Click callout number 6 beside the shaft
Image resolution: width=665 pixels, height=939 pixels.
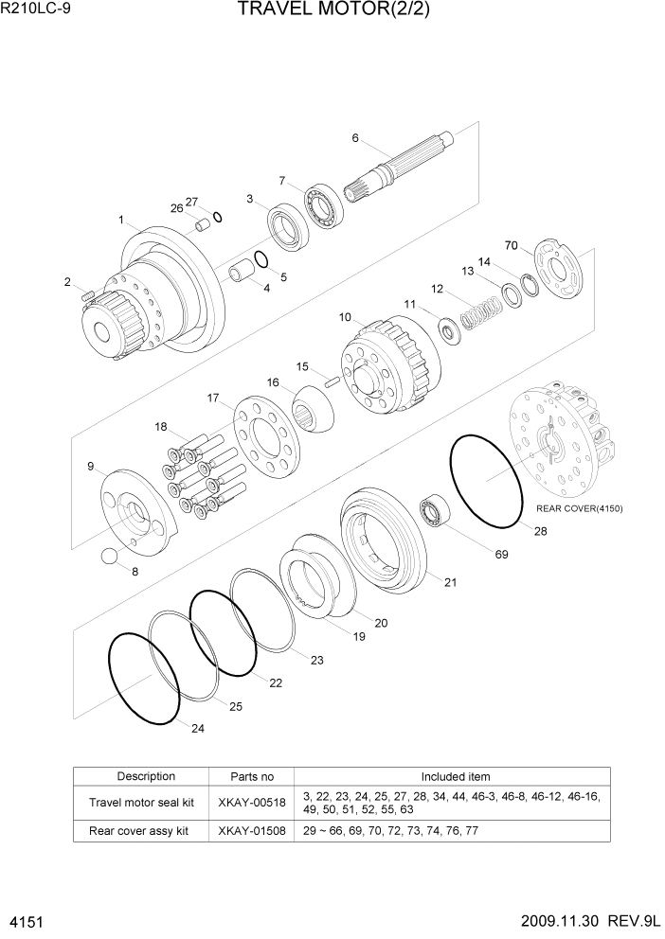coord(355,138)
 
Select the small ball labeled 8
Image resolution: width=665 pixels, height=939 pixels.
coord(112,556)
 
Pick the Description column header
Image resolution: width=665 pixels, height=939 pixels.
coord(146,776)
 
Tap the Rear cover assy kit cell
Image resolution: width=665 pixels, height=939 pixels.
coord(139,830)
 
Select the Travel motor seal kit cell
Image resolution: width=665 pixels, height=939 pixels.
coord(141,802)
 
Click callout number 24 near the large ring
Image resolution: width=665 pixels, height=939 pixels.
coord(197,728)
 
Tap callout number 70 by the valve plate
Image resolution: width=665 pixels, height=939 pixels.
coord(512,246)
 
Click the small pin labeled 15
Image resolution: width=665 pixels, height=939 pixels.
coord(332,382)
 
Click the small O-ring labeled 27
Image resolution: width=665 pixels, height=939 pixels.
coord(218,217)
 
